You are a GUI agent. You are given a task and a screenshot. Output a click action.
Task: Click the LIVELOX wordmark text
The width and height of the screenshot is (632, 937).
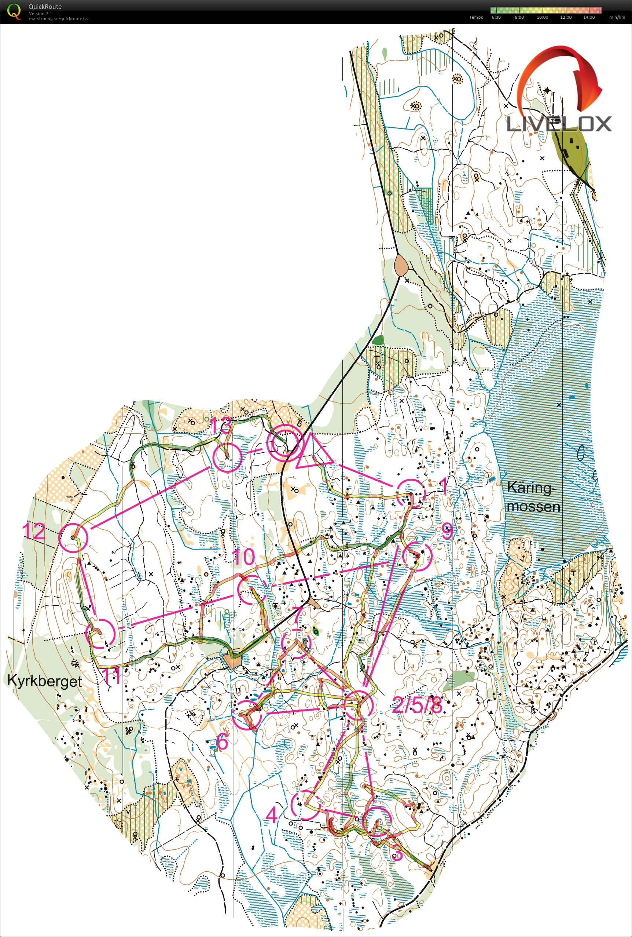pyautogui.click(x=559, y=124)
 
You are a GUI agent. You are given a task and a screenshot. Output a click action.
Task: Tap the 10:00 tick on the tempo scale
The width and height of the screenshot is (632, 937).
pyautogui.click(x=542, y=17)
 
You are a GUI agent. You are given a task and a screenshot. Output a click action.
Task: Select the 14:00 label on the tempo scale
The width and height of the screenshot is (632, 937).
pyautogui.click(x=588, y=17)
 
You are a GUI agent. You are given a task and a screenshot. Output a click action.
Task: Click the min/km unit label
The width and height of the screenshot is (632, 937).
pyautogui.click(x=617, y=17)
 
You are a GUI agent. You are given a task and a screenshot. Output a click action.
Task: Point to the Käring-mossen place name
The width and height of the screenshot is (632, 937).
pyautogui.click(x=533, y=497)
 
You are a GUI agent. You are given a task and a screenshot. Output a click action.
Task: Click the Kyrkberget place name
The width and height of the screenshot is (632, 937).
pyautogui.click(x=44, y=681)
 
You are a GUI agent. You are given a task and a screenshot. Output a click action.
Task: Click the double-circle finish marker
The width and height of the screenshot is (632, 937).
pyautogui.click(x=285, y=443)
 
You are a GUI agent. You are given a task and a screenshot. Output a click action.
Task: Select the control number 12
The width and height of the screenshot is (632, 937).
pyautogui.click(x=33, y=531)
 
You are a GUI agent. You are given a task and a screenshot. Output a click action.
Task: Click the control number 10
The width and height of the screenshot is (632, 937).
pyautogui.click(x=244, y=557)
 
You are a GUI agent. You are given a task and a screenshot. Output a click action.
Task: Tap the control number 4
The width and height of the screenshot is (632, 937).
pyautogui.click(x=272, y=815)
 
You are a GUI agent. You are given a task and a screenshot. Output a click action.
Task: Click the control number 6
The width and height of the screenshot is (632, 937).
pyautogui.click(x=222, y=741)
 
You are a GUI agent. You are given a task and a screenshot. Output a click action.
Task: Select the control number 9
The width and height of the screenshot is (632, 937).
pyautogui.click(x=447, y=531)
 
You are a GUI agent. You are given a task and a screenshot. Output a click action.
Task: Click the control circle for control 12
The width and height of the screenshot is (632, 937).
pyautogui.click(x=73, y=537)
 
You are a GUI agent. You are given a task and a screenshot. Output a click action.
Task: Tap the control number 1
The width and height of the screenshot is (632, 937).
pyautogui.click(x=443, y=485)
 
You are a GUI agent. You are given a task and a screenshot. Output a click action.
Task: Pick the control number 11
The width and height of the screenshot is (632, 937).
pyautogui.click(x=111, y=676)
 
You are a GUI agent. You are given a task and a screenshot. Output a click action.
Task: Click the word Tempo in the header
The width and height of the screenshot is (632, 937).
pyautogui.click(x=476, y=17)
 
